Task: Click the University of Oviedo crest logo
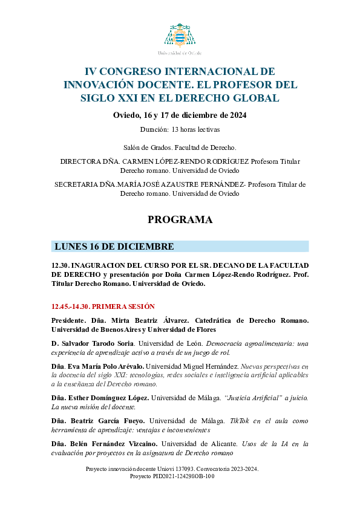click(180, 35)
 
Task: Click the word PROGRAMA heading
click(180, 220)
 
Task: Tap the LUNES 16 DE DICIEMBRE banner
click(180, 247)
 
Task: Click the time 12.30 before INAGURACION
click(59, 265)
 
